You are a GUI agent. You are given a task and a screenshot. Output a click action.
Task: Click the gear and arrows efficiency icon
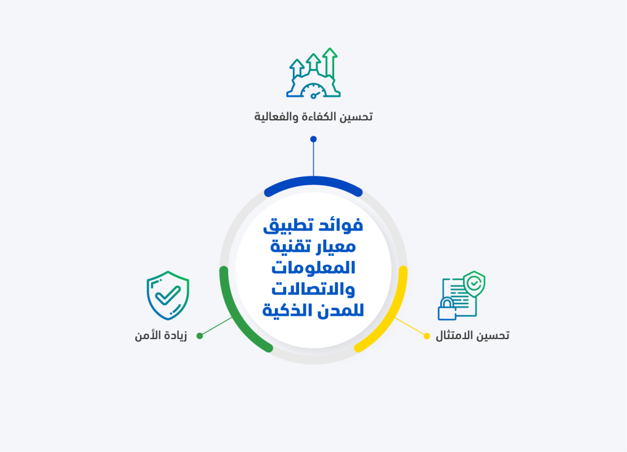(x=313, y=73)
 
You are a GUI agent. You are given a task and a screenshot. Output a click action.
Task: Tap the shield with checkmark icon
(x=168, y=295)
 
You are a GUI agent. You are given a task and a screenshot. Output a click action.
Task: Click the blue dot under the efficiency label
(x=313, y=139)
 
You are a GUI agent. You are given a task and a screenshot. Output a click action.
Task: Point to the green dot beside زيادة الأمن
(x=200, y=336)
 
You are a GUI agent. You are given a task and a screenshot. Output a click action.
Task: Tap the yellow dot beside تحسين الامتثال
(x=427, y=336)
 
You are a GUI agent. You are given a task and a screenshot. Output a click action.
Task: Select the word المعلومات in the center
(x=313, y=268)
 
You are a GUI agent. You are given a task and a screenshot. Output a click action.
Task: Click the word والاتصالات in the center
(x=313, y=289)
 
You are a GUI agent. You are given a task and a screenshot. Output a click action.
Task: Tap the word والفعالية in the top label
(x=275, y=117)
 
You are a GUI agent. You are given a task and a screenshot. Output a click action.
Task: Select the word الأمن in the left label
(x=147, y=336)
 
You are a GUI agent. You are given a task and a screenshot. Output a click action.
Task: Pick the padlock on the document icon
(x=446, y=310)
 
